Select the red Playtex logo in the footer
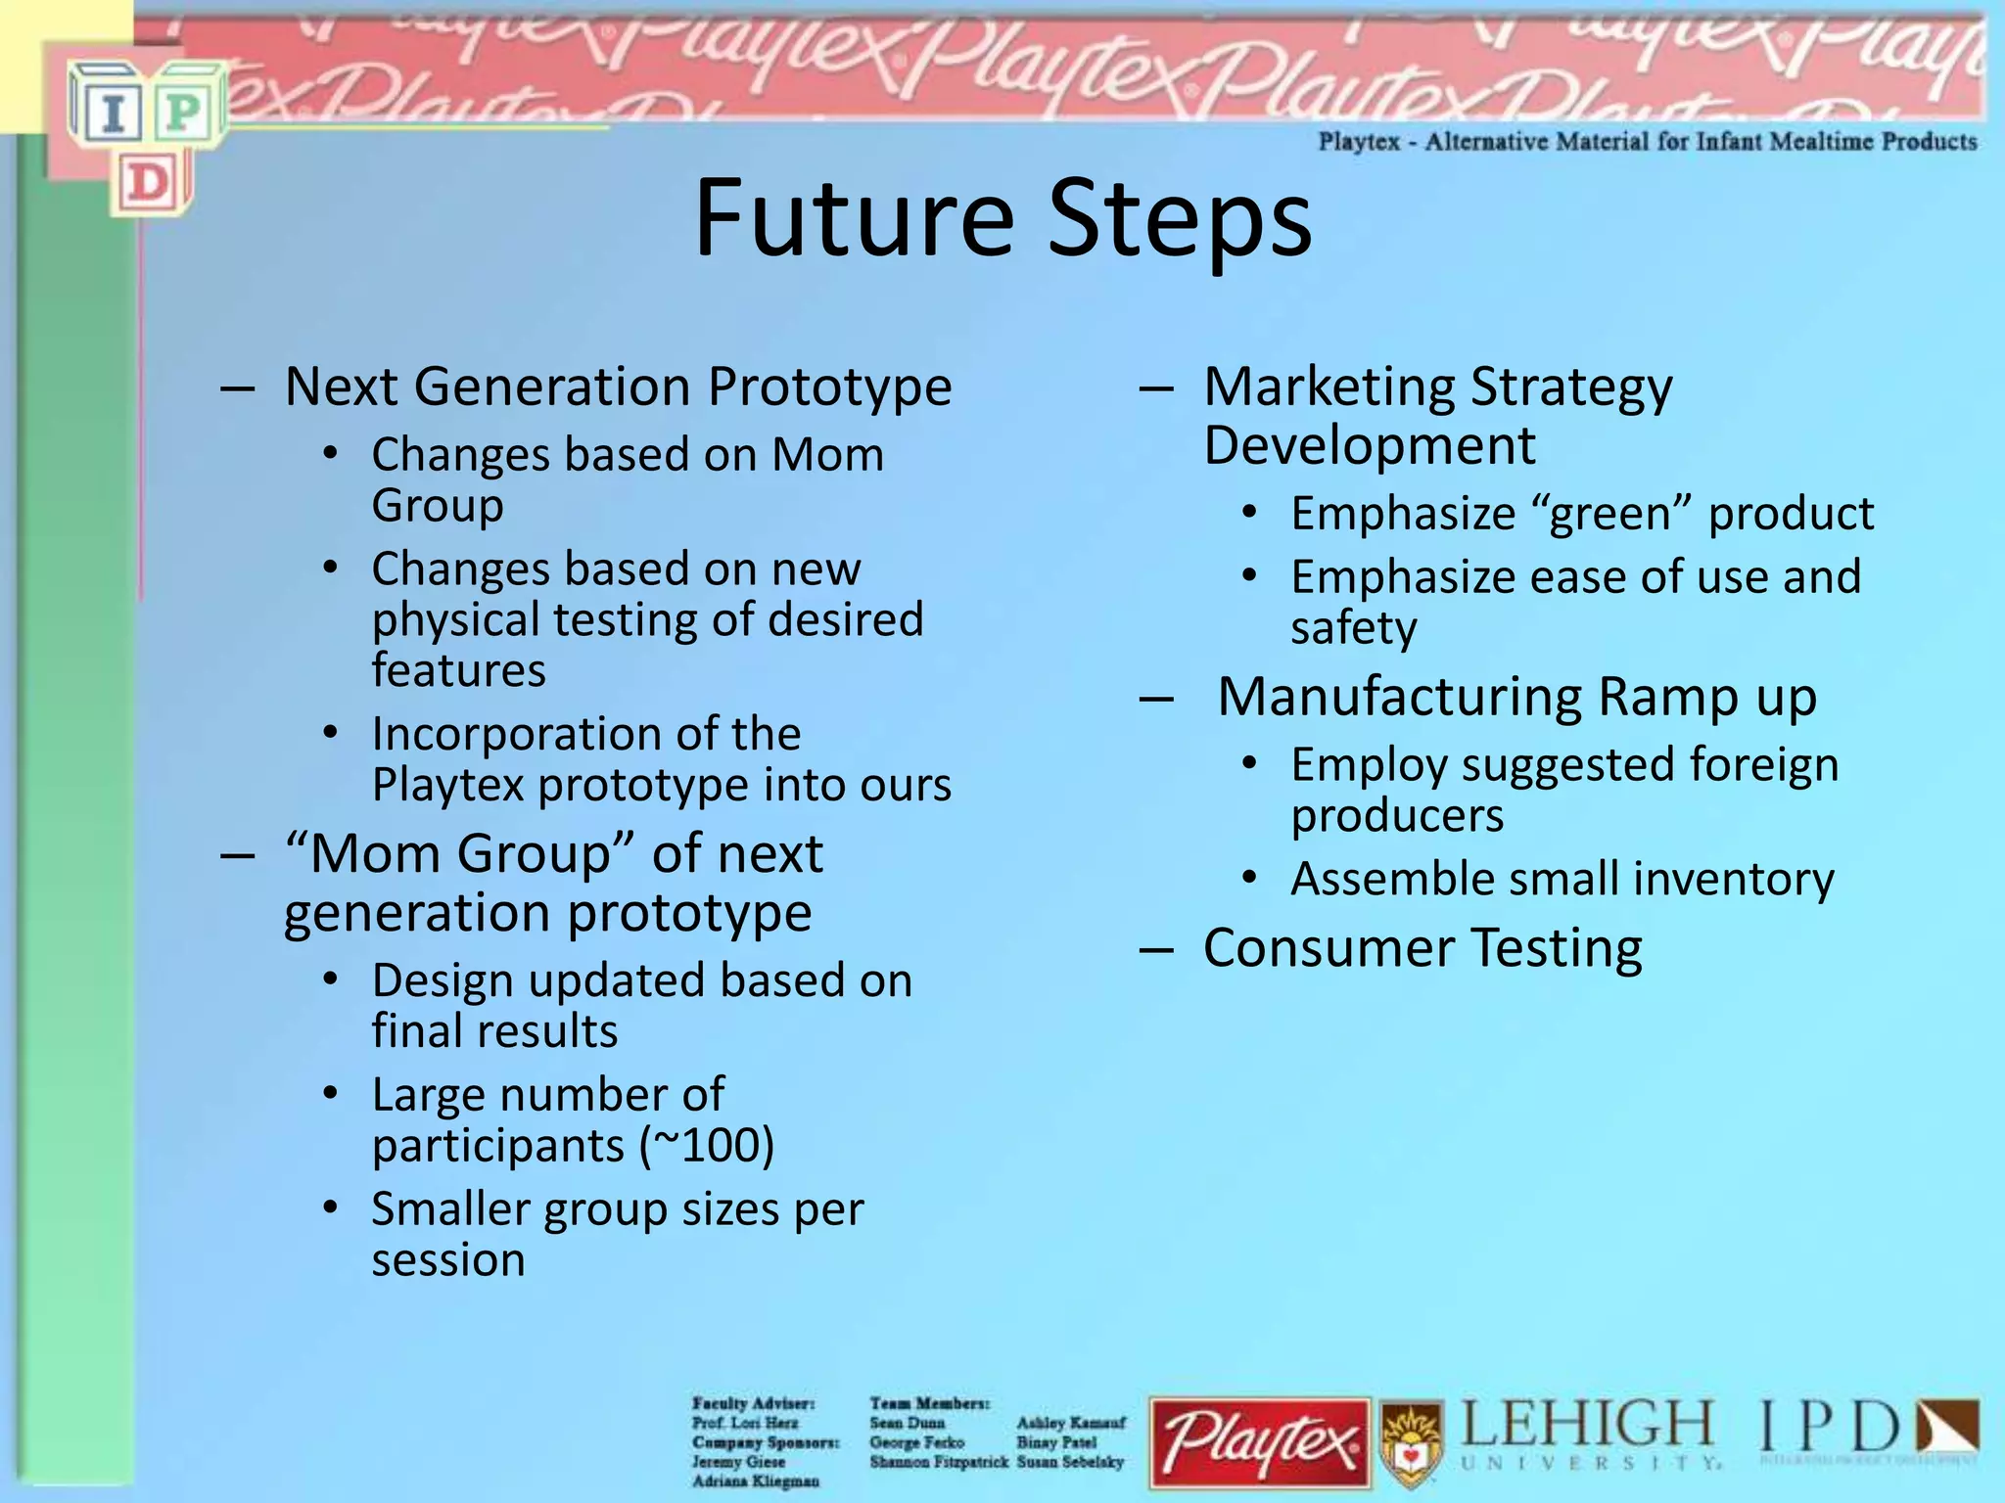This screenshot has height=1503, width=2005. click(1260, 1443)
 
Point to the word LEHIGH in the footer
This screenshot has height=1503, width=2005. click(1588, 1425)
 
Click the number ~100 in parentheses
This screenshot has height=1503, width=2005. click(707, 1145)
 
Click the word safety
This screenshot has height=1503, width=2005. click(1353, 628)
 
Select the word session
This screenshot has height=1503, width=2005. click(448, 1260)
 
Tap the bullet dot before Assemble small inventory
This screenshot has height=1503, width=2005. click(1249, 878)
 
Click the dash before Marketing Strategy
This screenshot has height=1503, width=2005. click(1156, 388)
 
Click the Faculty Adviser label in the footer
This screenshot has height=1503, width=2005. click(753, 1403)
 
